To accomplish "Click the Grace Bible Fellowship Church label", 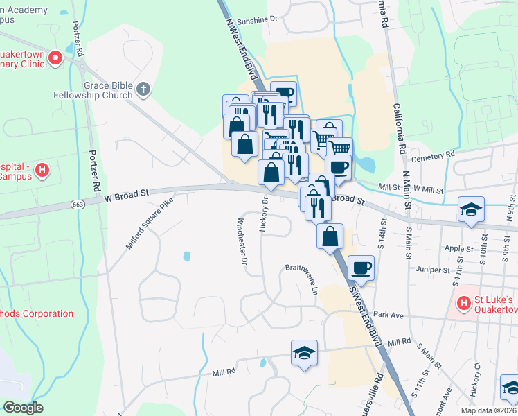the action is (x=93, y=89).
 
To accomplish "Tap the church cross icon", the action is (x=143, y=89).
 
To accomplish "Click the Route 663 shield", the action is (x=78, y=204).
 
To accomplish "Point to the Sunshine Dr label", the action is (x=256, y=21).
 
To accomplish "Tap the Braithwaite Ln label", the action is (x=301, y=275).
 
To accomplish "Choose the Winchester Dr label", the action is (x=242, y=242).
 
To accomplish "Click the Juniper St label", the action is (x=434, y=269).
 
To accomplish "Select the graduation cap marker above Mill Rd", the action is (x=304, y=353).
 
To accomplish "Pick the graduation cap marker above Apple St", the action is (x=471, y=209).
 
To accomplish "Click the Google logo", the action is (x=23, y=408).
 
